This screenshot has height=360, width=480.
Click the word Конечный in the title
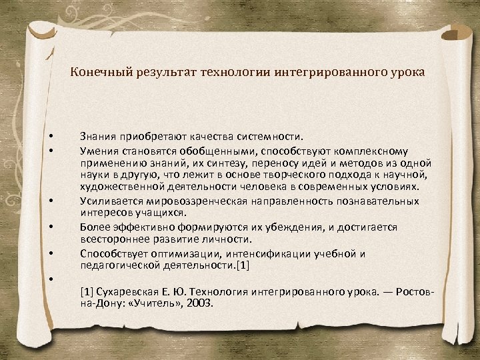95,72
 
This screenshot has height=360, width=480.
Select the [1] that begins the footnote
87,291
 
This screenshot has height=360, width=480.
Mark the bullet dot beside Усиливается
51,199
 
